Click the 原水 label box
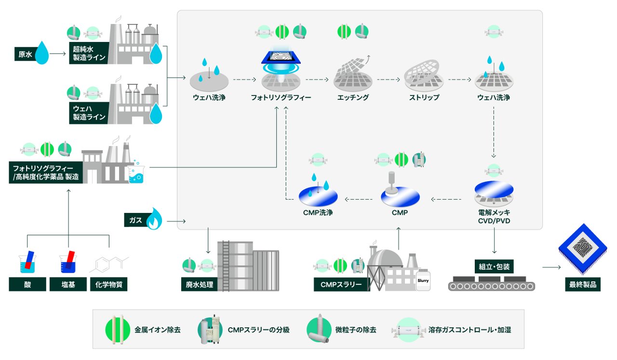[25, 55]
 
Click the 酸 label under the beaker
[27, 284]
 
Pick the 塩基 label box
[68, 284]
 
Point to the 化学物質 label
[108, 284]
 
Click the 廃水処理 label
[199, 284]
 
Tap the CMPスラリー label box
[341, 284]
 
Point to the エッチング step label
[353, 97]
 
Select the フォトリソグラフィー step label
[281, 97]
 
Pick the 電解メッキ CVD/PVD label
[494, 216]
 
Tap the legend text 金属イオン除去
[158, 330]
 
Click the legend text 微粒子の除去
[355, 330]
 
